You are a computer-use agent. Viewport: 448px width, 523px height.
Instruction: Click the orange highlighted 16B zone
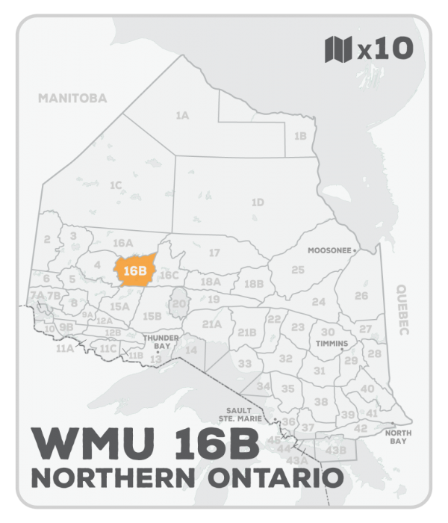(135, 270)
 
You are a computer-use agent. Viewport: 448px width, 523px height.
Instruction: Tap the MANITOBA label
(73, 98)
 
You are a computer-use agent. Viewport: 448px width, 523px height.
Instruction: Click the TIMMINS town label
(332, 344)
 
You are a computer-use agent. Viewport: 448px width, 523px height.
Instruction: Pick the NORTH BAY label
(396, 437)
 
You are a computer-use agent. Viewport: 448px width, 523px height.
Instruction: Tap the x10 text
(385, 49)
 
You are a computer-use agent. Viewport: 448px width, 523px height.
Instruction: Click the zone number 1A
(181, 116)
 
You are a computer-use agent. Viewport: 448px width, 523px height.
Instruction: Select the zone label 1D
(258, 202)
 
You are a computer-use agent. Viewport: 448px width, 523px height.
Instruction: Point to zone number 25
(298, 270)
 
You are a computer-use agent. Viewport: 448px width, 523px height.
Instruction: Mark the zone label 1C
(116, 185)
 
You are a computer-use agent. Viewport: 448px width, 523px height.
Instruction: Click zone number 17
(214, 253)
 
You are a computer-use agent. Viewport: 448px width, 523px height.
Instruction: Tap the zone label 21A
(213, 324)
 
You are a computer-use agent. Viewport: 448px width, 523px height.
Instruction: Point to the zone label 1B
(301, 136)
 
